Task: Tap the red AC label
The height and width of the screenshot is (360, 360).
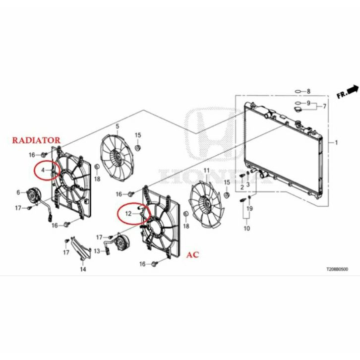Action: tap(192, 255)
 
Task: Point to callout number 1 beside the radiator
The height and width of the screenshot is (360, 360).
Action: tap(337, 143)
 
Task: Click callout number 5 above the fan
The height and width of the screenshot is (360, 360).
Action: tap(118, 126)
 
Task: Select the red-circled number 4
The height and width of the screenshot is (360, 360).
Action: tap(43, 170)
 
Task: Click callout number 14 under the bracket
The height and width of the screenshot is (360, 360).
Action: tap(83, 269)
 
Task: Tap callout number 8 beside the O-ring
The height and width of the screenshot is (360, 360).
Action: tap(308, 91)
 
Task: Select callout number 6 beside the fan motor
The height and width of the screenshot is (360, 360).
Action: tap(18, 192)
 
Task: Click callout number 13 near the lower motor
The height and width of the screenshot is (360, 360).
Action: tap(97, 251)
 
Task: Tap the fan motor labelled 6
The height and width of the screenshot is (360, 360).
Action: tap(34, 194)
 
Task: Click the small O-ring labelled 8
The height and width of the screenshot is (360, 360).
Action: tap(297, 91)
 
